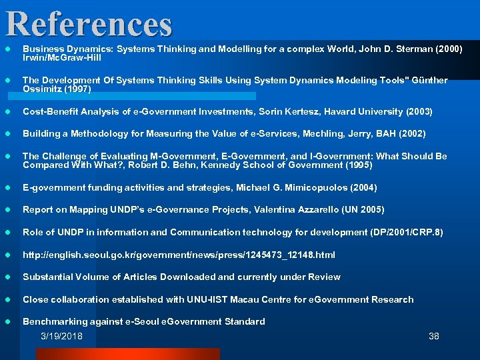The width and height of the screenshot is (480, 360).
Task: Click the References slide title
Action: [x=89, y=23]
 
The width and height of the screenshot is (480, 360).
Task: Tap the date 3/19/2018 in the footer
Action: [x=61, y=336]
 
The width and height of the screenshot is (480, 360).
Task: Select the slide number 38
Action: [x=433, y=336]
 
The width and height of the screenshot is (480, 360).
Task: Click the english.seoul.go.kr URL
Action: [x=179, y=255]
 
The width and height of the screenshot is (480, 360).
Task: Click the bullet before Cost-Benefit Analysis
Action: [x=8, y=111]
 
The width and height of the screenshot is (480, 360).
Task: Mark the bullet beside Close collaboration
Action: [x=8, y=299]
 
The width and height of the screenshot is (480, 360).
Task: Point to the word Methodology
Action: [x=99, y=134]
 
